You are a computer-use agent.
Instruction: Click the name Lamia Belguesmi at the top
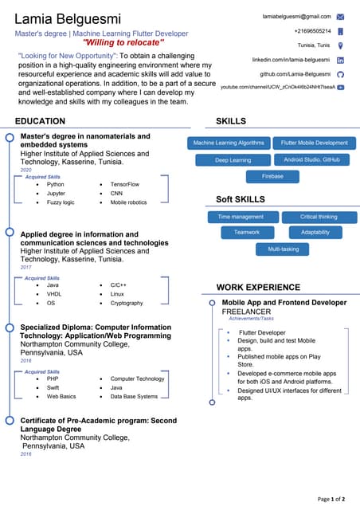pyautogui.click(x=69, y=18)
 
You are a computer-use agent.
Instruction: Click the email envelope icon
pyautogui.click(x=340, y=16)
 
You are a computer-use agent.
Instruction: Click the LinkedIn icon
pyautogui.click(x=340, y=60)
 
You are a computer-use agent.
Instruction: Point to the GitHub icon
pyautogui.click(x=340, y=73)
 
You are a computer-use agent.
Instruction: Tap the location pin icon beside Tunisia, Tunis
pyautogui.click(x=340, y=45)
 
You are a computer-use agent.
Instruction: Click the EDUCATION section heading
pyautogui.click(x=41, y=121)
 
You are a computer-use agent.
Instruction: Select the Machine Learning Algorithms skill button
pyautogui.click(x=229, y=143)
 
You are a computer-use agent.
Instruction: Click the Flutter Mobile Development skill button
pyautogui.click(x=314, y=143)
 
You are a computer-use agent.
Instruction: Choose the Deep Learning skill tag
pyautogui.click(x=233, y=160)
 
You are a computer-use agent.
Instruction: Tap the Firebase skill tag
pyautogui.click(x=272, y=176)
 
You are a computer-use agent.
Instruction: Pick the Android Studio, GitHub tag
pyautogui.click(x=311, y=160)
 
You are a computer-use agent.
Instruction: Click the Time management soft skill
pyautogui.click(x=241, y=217)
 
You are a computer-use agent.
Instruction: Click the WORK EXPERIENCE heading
pyautogui.click(x=258, y=287)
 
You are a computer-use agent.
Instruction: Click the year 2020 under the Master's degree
pyautogui.click(x=25, y=170)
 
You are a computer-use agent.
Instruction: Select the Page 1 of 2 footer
pyautogui.click(x=331, y=499)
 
